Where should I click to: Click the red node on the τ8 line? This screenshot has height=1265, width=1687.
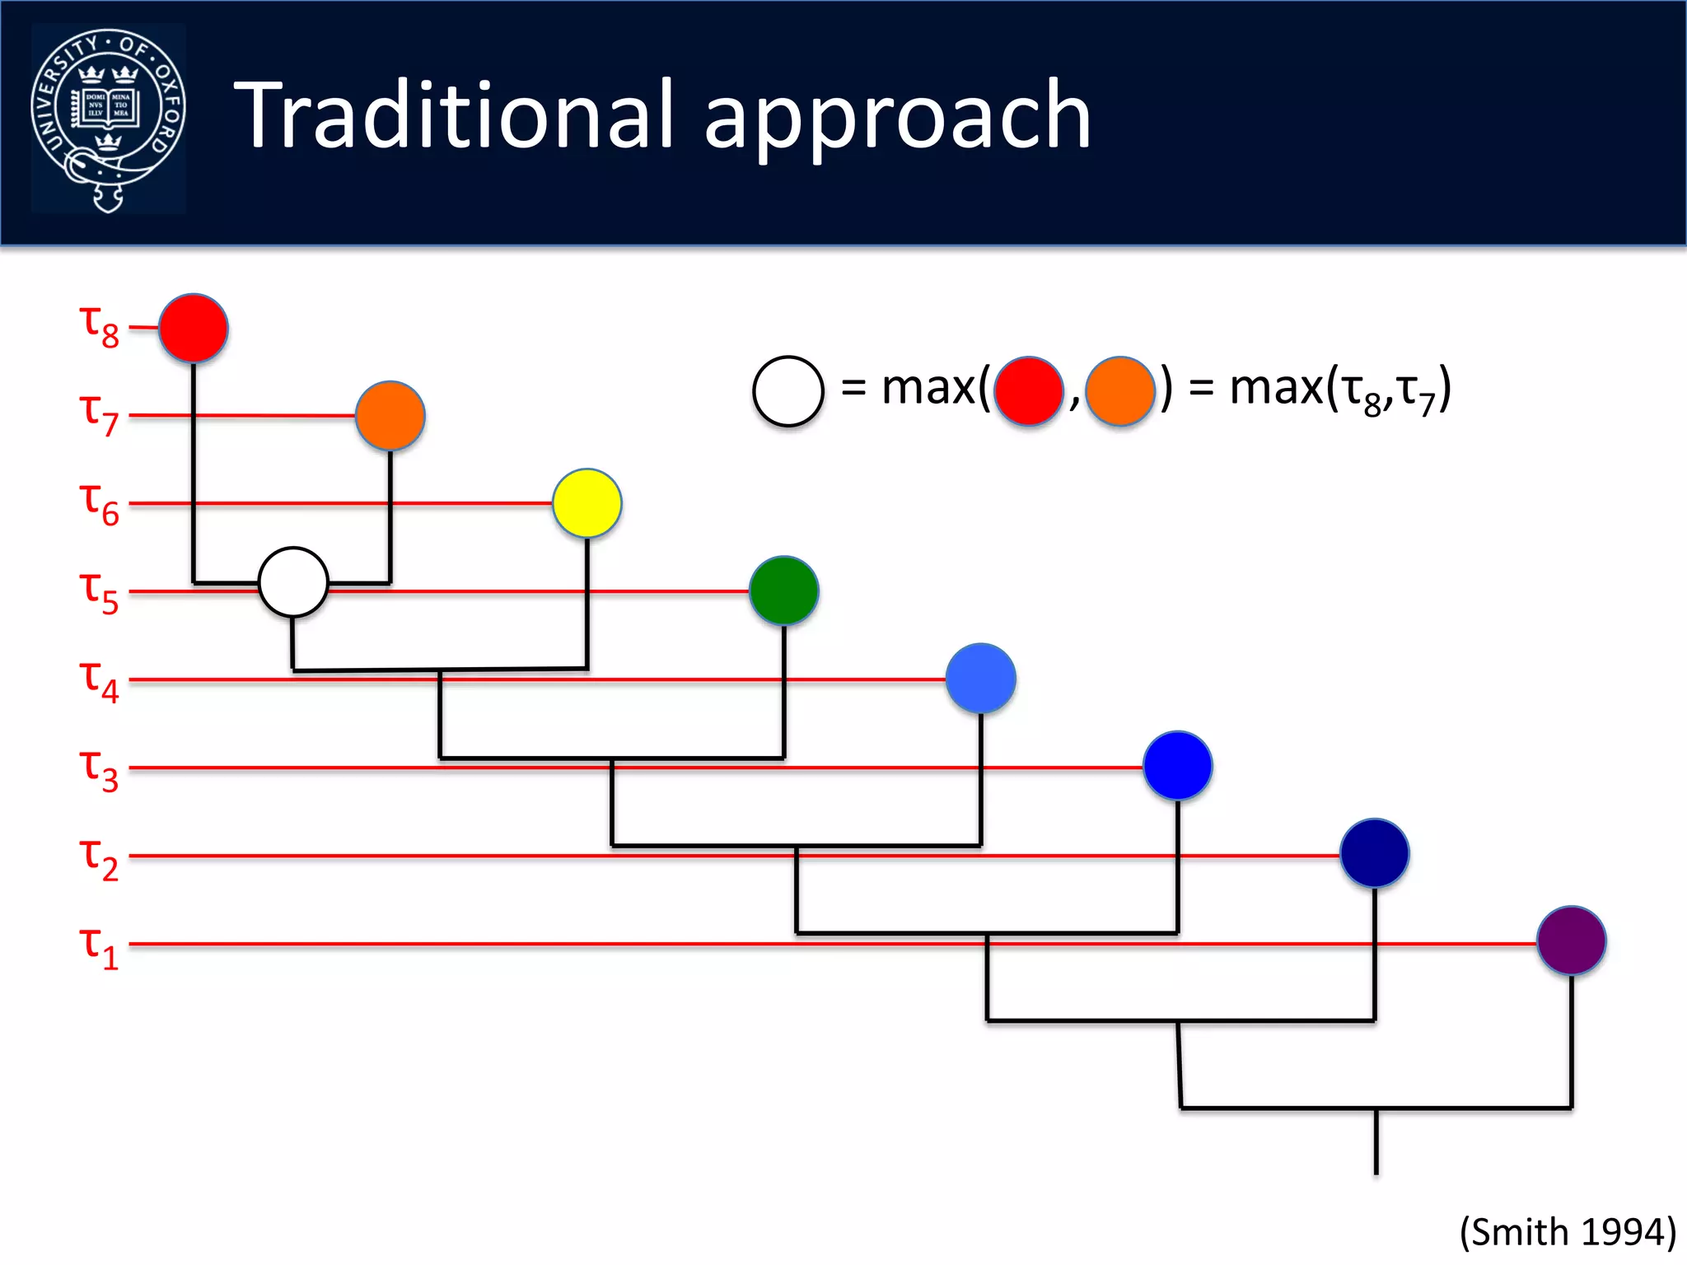pos(194,328)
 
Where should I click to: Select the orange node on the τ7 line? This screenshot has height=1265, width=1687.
pos(390,416)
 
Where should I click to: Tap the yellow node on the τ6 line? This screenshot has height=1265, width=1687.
pos(587,503)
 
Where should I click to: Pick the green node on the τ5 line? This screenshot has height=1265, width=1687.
pos(784,591)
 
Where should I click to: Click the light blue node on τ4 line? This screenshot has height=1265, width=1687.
pos(981,679)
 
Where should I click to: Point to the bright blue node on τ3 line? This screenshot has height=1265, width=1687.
pos(1178,766)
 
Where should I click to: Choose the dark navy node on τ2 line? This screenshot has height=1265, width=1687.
pos(1375,853)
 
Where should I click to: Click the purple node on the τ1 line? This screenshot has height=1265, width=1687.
pos(1572,941)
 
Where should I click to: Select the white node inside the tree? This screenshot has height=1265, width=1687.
pos(293,582)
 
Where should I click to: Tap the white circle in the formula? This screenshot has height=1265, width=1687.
pos(788,391)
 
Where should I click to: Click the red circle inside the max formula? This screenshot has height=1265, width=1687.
pos(1029,391)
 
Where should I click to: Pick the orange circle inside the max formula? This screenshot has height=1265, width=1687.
pos(1120,391)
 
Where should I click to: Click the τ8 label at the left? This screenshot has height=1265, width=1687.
pos(99,326)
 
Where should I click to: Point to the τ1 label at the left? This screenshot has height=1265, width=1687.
pos(99,947)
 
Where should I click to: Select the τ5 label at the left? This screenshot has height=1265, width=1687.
pos(99,593)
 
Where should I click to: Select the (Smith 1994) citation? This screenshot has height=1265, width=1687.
pos(1568,1232)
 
